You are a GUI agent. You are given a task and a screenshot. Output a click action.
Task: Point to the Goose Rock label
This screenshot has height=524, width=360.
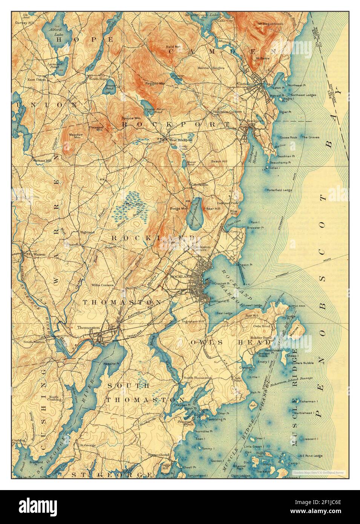(x=288, y=138)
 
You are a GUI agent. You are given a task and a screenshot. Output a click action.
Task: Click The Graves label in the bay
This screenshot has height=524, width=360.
(x=310, y=138)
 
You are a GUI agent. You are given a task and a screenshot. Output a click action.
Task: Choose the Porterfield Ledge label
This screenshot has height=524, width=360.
(x=279, y=190)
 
